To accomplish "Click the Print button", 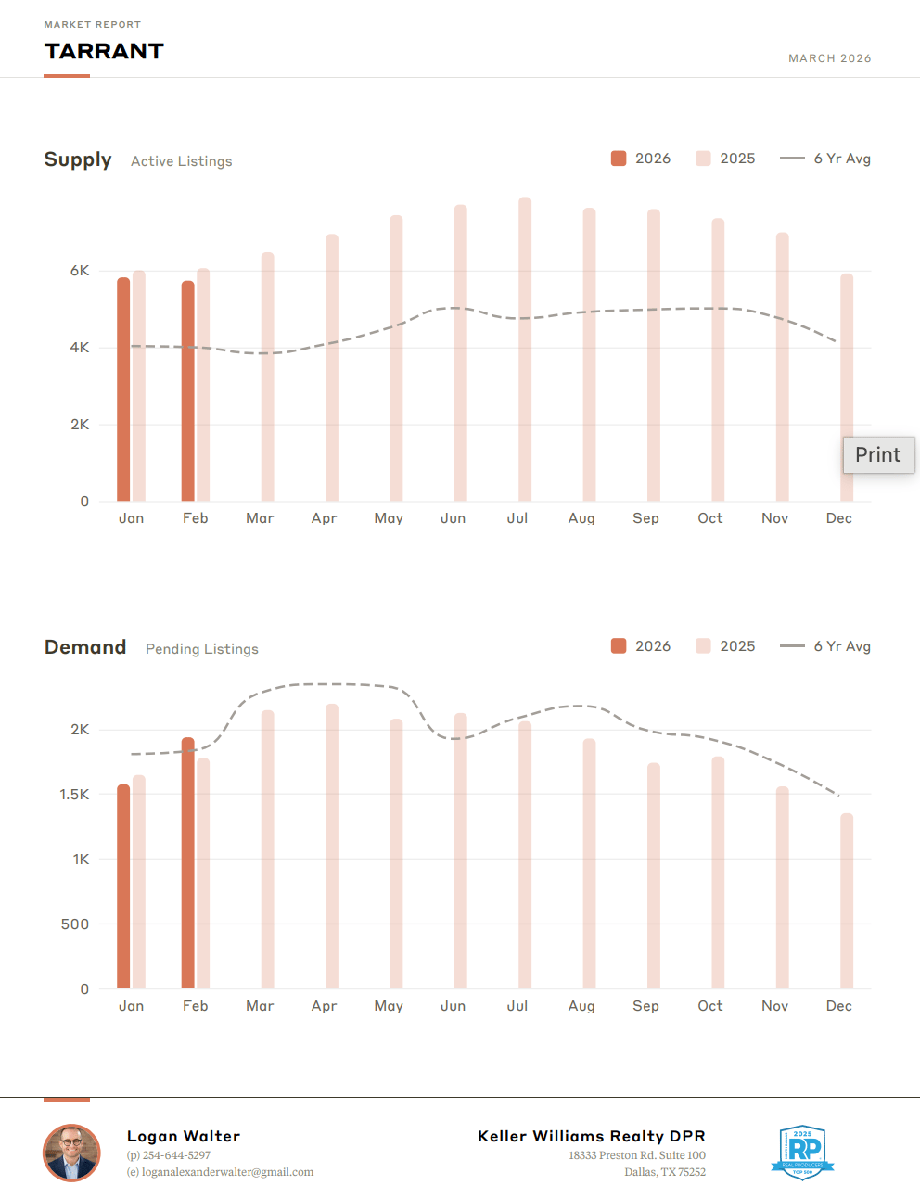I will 877,455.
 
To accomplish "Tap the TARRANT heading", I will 104,51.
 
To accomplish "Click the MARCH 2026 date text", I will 829,58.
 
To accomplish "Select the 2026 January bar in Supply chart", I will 123,389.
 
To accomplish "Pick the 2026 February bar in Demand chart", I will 188,862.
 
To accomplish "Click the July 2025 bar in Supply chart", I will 525,350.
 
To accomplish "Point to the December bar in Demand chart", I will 847,900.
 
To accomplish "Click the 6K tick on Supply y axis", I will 81,271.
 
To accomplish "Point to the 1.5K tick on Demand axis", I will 75,795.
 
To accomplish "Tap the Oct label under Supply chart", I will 709,518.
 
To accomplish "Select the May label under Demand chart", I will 389,1006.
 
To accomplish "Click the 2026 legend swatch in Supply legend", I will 619,159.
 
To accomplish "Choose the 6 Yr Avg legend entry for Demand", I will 825,646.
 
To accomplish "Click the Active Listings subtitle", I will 182,161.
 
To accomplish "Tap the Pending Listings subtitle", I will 202,649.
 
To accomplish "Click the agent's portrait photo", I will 71,1153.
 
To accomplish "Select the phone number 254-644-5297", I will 176,1155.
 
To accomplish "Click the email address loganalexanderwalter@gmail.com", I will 227,1172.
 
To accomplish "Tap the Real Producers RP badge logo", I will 803,1153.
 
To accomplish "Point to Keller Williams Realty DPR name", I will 592,1136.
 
